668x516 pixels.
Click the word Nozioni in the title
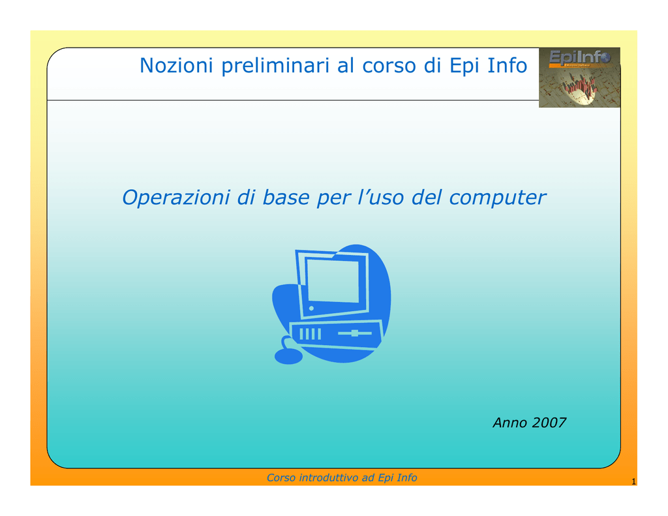tap(176, 66)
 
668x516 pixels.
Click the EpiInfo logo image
tap(579, 78)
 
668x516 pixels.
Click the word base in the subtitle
tap(286, 198)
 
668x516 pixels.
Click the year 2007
tap(549, 423)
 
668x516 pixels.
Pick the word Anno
tap(510, 423)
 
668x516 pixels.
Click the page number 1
tap(633, 481)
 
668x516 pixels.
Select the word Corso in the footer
tap(281, 478)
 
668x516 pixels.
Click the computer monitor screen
tap(333, 281)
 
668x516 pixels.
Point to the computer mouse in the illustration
tap(288, 356)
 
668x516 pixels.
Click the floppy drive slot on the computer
tap(354, 333)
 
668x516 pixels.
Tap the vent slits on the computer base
tap(310, 333)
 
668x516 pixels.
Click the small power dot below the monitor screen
tap(311, 308)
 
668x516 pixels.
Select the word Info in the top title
tap(507, 66)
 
